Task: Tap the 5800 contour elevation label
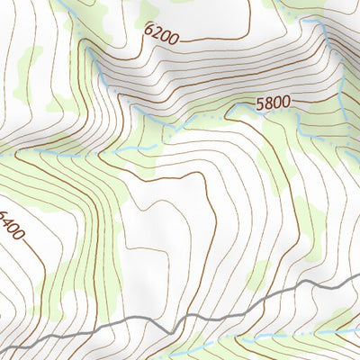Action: pyautogui.click(x=273, y=103)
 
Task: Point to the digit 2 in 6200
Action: pyautogui.click(x=155, y=32)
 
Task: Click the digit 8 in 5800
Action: pyautogui.click(x=267, y=103)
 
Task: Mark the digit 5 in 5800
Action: pyautogui.click(x=259, y=103)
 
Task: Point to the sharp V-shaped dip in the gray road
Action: pyautogui.click(x=184, y=323)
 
